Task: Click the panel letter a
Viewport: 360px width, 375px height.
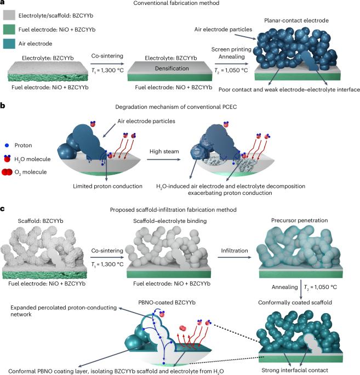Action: point(4,4)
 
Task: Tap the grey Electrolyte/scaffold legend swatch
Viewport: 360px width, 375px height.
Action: point(9,16)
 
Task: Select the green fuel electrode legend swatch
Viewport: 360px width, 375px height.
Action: point(9,27)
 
